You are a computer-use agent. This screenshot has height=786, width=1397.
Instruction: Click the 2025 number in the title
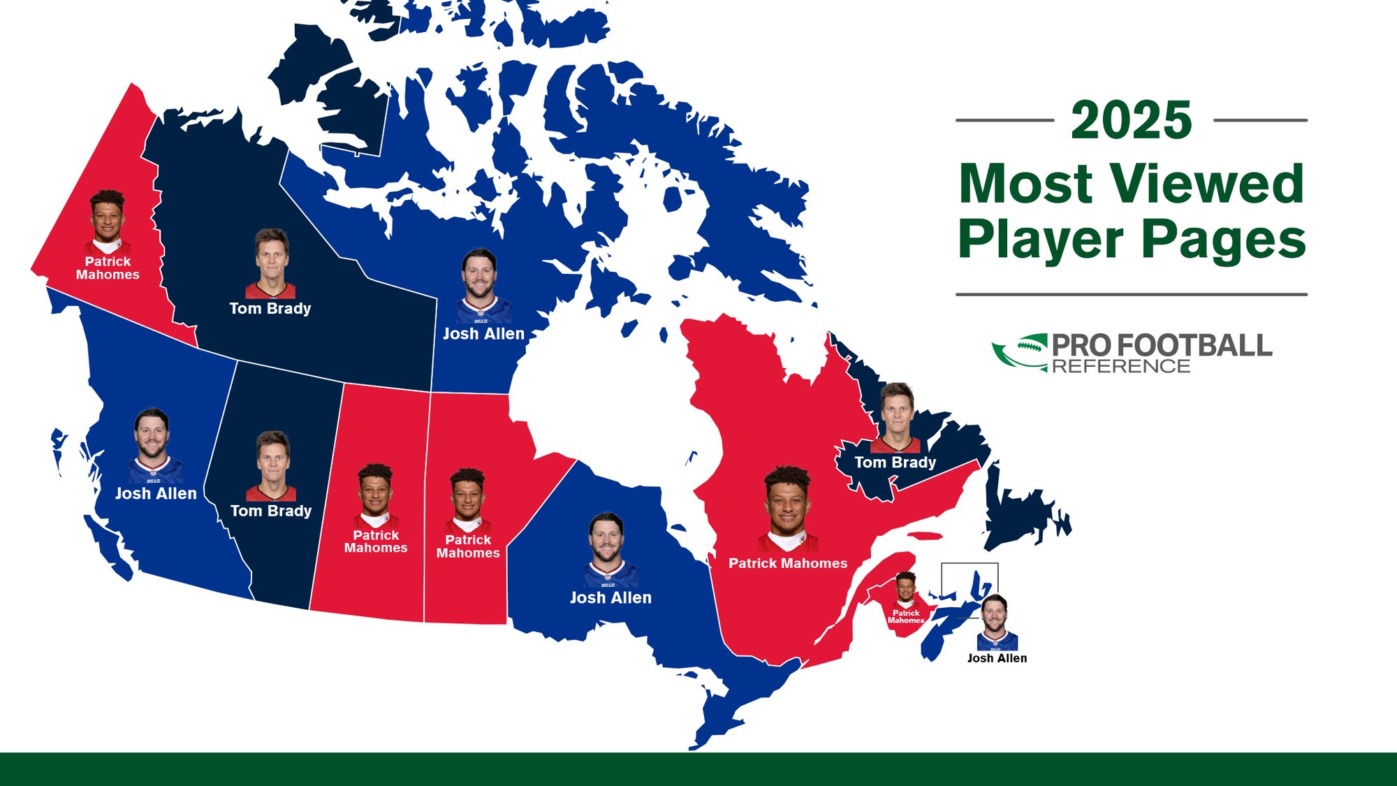[x=1131, y=120]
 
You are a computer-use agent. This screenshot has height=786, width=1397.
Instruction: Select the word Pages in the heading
[x=1224, y=240]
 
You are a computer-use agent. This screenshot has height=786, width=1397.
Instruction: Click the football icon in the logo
[x=1020, y=351]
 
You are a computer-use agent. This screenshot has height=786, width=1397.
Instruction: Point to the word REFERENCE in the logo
[x=1121, y=366]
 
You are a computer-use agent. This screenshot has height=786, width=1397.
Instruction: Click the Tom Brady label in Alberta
[x=271, y=511]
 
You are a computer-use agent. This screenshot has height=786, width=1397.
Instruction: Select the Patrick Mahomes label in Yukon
[x=108, y=268]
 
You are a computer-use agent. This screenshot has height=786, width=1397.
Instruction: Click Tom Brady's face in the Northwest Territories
[x=271, y=255]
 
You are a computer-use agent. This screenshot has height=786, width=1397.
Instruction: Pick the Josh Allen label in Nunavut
[x=483, y=334]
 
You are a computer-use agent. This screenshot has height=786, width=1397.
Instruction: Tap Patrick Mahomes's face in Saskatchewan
[x=375, y=490]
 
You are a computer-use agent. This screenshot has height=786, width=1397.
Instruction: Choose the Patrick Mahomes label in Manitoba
[x=468, y=546]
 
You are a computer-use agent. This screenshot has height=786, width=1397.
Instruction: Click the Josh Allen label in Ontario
[x=610, y=598]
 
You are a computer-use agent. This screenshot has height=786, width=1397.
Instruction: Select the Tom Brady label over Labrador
[x=895, y=463]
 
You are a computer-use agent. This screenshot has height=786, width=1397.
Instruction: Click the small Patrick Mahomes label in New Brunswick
[x=906, y=616]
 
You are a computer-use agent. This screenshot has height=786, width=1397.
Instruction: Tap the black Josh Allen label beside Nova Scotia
[x=997, y=658]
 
